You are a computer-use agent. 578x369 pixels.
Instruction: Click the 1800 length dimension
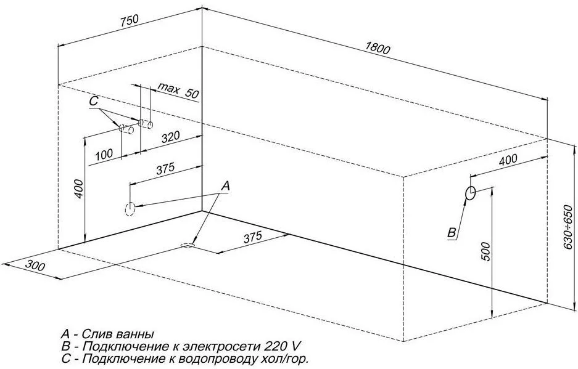(x=378, y=49)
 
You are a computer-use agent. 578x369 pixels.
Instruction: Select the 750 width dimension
(x=129, y=20)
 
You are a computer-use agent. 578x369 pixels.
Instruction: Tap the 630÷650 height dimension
(x=570, y=227)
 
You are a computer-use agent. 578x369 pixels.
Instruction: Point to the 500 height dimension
(x=486, y=252)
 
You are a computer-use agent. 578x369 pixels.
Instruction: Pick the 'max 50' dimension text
(x=178, y=90)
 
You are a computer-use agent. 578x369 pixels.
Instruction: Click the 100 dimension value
(x=104, y=155)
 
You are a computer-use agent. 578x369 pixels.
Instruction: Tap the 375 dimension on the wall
(x=165, y=169)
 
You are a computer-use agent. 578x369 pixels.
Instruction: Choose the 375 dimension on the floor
(x=253, y=237)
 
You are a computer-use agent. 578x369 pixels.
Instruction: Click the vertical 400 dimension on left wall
(x=79, y=189)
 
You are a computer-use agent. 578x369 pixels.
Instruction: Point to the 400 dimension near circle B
(x=508, y=160)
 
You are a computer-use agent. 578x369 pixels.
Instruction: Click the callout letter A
(x=226, y=186)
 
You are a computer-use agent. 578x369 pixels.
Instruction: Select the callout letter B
(x=452, y=233)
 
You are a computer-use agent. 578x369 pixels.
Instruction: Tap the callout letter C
(x=94, y=101)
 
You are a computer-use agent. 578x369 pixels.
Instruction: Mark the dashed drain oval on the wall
(x=130, y=209)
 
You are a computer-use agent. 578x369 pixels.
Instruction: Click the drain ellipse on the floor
(x=188, y=245)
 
